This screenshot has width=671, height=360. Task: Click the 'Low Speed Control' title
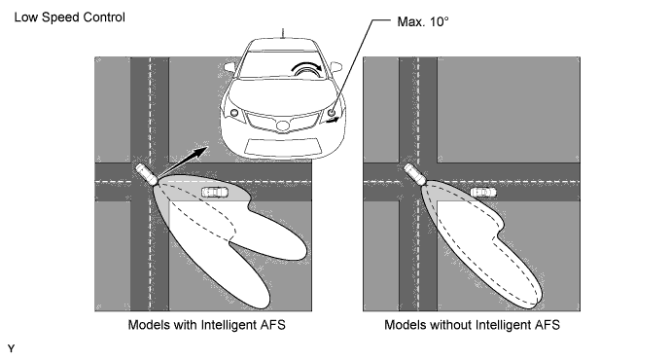pos(70,18)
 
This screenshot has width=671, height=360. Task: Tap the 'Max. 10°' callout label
pos(423,21)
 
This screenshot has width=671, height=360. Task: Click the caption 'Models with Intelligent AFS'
pos(207,325)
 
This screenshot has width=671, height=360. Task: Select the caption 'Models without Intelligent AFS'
pos(472,325)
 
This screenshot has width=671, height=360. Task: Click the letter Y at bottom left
pos(11,348)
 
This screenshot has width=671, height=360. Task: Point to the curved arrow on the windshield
pos(306,67)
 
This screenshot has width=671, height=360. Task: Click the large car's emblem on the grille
pos(282,126)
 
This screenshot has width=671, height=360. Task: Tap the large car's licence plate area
pos(283,146)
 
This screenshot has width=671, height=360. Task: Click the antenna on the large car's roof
pos(282,33)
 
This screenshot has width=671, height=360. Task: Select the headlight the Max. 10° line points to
pos(332,113)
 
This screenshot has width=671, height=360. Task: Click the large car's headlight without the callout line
pos(234,113)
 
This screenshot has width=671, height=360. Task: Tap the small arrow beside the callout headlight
pos(332,121)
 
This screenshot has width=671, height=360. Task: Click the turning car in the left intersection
pos(147,174)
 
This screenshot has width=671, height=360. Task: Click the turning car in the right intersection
pos(415,174)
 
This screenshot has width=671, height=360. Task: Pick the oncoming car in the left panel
pos(215,193)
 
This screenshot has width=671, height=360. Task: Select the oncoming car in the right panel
pos(483,193)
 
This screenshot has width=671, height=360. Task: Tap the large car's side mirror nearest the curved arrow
pos(335,67)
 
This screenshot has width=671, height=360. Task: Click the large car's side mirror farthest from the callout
pos(230,67)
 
